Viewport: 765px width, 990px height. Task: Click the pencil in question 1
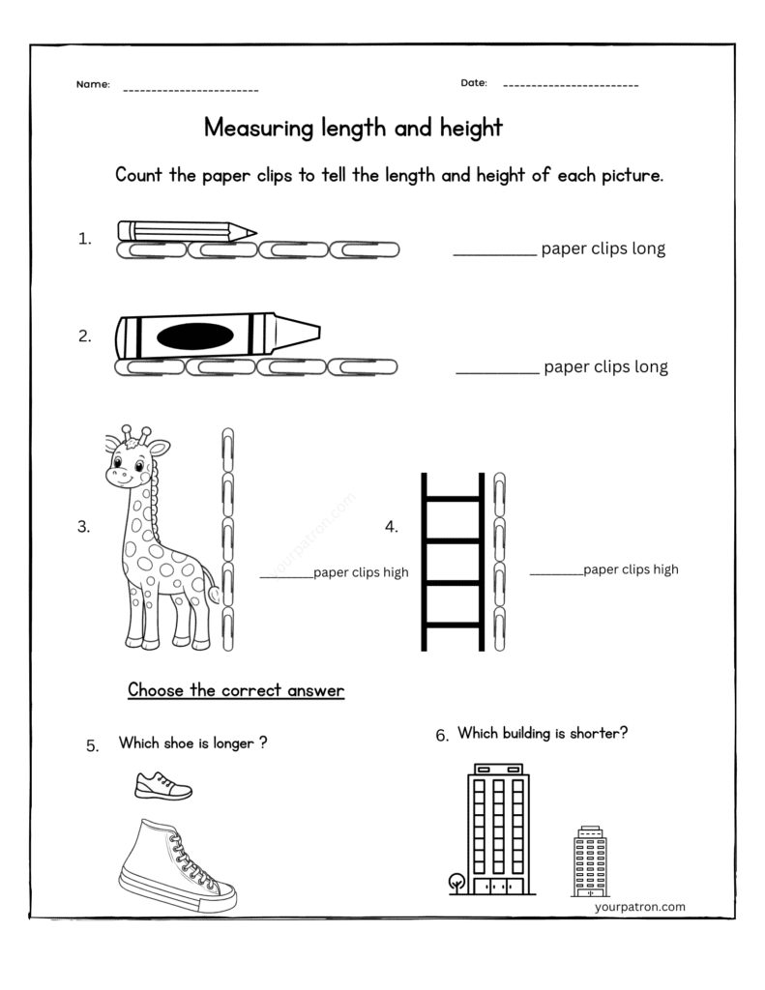pos(184,231)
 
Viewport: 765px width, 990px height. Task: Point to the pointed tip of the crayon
pos(309,333)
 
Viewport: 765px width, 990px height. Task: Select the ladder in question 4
pos(452,561)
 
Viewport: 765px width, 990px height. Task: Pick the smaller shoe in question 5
pos(162,785)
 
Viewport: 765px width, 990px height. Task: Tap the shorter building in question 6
pos(589,861)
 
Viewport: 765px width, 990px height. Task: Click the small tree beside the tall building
pos(456,883)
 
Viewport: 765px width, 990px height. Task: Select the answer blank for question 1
pos(494,253)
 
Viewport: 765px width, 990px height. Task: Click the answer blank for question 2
pos(497,371)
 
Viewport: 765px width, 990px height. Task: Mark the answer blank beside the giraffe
pos(285,577)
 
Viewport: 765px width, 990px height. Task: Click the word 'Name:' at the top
pos(93,85)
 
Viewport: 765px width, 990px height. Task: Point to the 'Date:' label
pos(474,83)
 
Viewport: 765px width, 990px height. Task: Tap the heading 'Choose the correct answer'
pos(236,690)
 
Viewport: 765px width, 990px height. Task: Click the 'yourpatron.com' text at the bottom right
pos(640,907)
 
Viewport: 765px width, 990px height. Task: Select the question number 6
pos(442,737)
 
